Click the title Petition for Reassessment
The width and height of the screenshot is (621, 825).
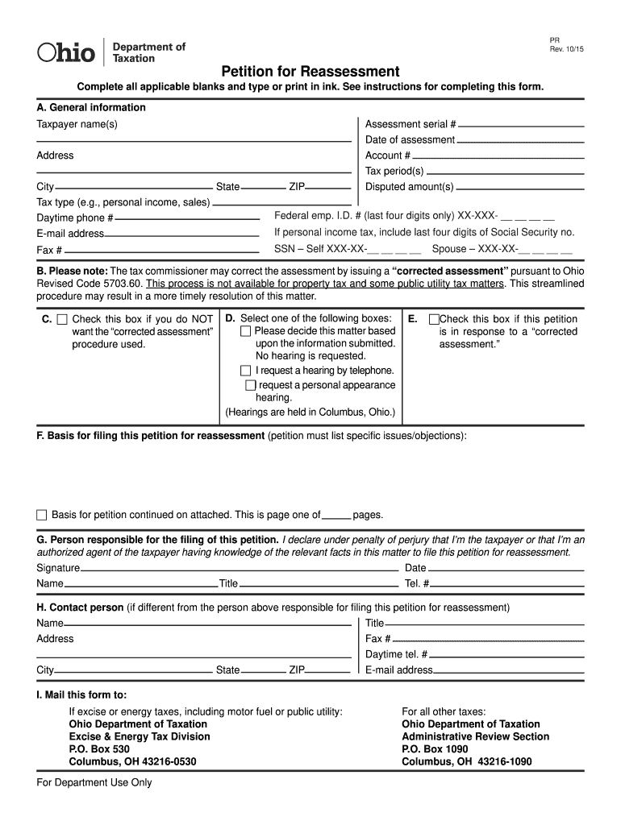(x=310, y=71)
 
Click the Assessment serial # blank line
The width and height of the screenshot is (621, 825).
(x=521, y=126)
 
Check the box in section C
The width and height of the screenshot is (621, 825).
(x=62, y=320)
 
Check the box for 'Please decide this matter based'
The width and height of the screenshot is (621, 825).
(x=246, y=331)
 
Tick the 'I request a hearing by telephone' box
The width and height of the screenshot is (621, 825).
(x=246, y=371)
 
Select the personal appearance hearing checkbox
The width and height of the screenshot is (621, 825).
(x=250, y=385)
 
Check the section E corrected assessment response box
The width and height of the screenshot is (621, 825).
(x=434, y=320)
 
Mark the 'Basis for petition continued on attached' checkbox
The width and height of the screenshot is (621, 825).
(x=42, y=515)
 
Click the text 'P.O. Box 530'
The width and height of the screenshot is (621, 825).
(x=99, y=748)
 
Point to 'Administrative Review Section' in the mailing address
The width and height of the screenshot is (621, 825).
(x=475, y=736)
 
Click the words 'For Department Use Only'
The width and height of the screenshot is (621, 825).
(x=94, y=782)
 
